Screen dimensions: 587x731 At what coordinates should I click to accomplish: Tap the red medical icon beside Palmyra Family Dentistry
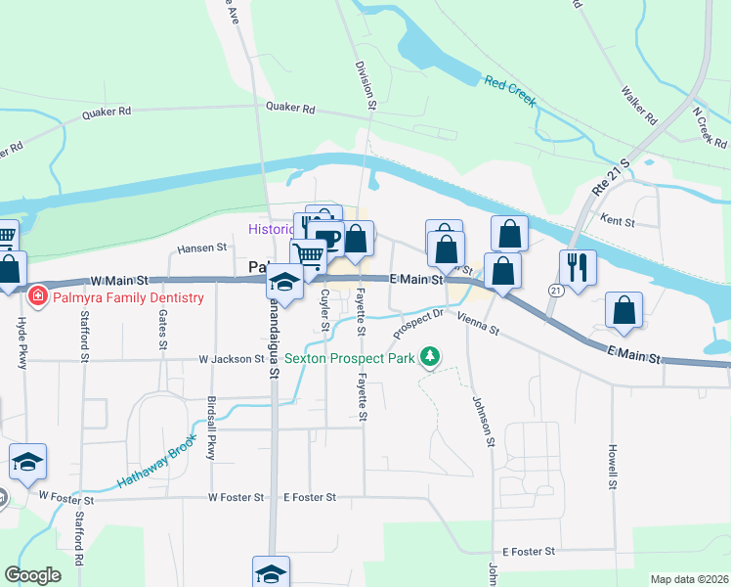[x=37, y=294]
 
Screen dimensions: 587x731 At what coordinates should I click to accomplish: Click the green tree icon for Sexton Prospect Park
[x=428, y=355]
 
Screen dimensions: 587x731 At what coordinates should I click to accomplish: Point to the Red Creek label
[x=510, y=90]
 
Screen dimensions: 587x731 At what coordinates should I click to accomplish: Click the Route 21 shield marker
[x=555, y=291]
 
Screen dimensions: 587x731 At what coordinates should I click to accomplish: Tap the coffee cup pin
[x=328, y=238]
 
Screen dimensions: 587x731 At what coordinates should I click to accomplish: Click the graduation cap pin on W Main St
[x=284, y=282]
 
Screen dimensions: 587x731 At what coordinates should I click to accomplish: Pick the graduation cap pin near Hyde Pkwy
[x=27, y=461]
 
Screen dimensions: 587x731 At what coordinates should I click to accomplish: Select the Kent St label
[x=619, y=222]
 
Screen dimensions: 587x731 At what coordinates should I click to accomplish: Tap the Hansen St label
[x=202, y=248]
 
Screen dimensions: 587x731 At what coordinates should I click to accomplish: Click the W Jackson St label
[x=230, y=359]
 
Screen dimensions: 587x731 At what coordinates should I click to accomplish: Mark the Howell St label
[x=612, y=468]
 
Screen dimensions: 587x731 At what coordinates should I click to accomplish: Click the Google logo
[x=33, y=575]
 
